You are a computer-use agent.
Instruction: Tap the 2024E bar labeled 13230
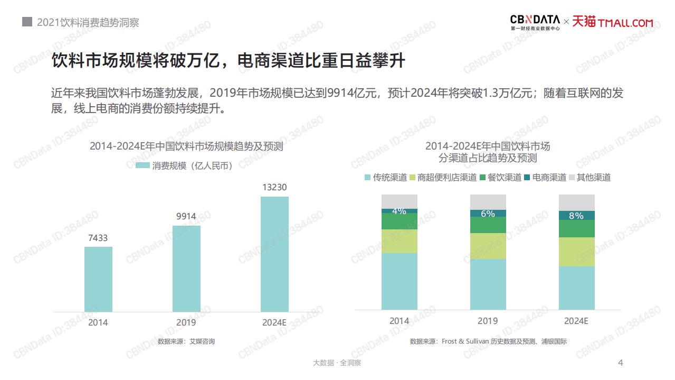coord(274,254)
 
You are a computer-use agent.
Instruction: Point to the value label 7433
coord(98,238)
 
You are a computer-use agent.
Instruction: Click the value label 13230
coord(274,188)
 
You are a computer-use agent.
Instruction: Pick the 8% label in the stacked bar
coord(576,216)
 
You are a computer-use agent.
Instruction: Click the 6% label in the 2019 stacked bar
coord(488,214)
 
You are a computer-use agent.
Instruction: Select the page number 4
coord(621,363)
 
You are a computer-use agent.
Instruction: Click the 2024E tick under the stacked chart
coord(576,321)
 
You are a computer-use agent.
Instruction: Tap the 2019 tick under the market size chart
coord(186,322)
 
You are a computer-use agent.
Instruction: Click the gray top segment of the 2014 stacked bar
coord(400,201)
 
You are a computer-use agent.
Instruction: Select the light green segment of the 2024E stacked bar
coord(576,252)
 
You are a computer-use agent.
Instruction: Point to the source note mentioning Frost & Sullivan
coord(488,341)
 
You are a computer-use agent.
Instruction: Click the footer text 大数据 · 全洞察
coord(337,363)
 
